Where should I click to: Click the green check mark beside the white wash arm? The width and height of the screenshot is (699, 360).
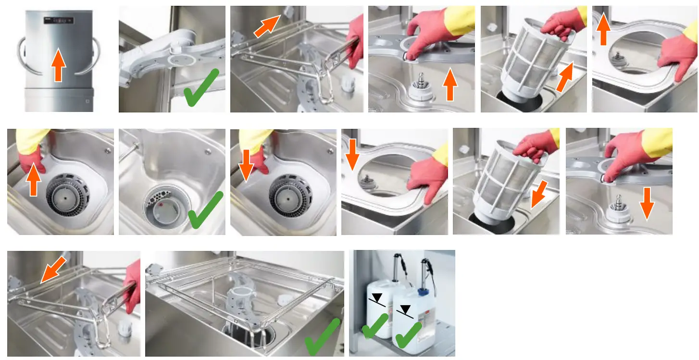[x=201, y=88]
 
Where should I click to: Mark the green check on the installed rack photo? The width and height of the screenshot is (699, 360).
[x=323, y=338]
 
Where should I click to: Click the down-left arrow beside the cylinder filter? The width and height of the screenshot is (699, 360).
[x=539, y=196]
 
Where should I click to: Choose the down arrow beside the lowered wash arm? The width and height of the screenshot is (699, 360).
[x=647, y=202]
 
